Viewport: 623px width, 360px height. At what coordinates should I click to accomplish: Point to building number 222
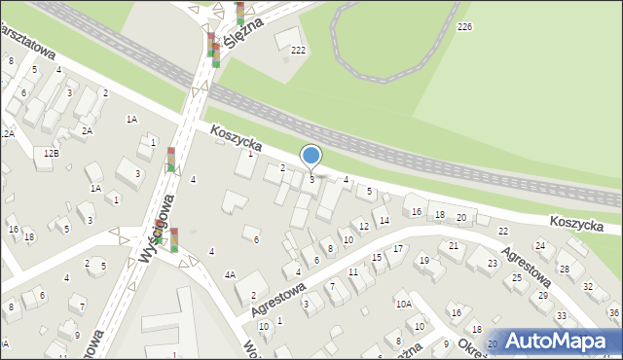[x=298, y=50]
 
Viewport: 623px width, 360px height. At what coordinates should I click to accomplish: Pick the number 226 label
[x=464, y=27]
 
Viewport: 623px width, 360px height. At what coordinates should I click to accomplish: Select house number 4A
[x=230, y=275]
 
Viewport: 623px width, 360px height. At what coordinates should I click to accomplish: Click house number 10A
[x=403, y=304]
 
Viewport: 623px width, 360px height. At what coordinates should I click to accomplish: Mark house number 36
[x=613, y=312]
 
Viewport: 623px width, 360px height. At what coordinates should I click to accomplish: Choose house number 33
[x=561, y=316]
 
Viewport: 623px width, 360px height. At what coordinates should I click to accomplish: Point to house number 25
[x=516, y=278]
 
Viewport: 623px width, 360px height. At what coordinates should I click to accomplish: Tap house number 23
[x=493, y=264]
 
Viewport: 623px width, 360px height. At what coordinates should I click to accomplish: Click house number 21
[x=455, y=246]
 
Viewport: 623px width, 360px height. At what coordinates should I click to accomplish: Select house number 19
[x=423, y=261]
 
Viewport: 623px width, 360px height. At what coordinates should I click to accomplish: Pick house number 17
[x=398, y=249]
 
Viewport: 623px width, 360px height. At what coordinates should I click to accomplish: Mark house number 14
[x=385, y=221]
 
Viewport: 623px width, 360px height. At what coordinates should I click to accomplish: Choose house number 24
[x=539, y=245]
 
